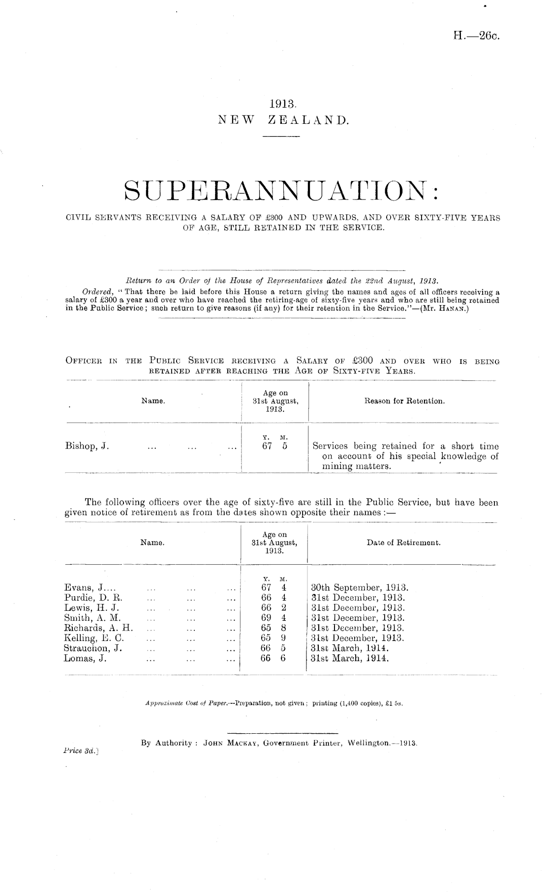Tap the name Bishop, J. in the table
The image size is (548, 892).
click(x=87, y=447)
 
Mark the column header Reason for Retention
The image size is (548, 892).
click(x=404, y=402)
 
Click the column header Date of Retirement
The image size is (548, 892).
click(x=403, y=543)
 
